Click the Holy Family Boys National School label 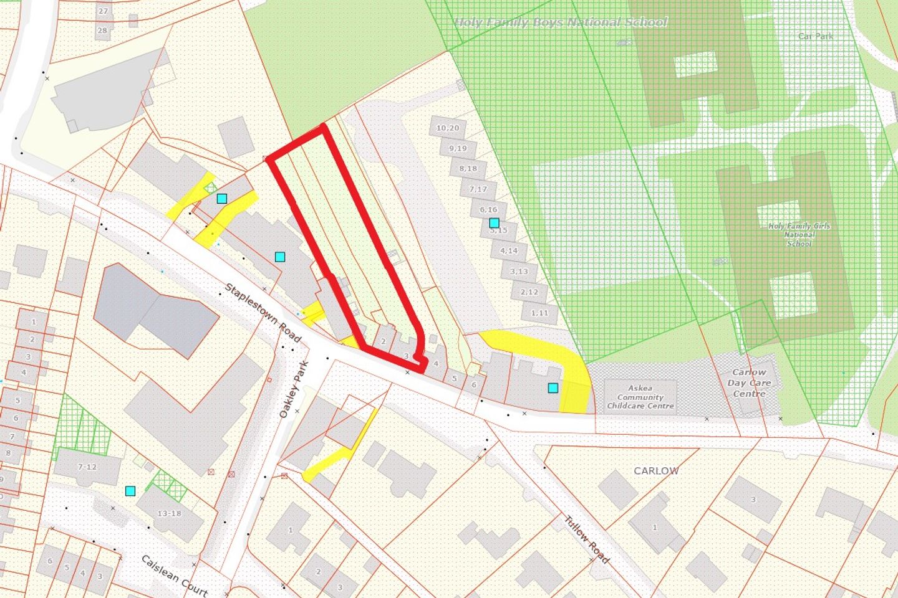coord(560,23)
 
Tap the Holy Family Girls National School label coord(799,235)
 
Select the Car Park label coord(815,36)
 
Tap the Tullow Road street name coord(586,539)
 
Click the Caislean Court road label coord(174,575)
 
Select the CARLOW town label coord(656,471)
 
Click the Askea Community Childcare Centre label coord(640,397)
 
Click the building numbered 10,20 coord(448,128)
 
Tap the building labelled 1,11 coord(539,313)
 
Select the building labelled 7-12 coord(87,467)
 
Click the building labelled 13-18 coord(169,513)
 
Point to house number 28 coord(102,30)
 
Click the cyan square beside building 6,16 coord(494,222)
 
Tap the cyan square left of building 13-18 coord(130,491)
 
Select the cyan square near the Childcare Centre coord(553,388)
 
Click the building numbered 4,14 coord(509,250)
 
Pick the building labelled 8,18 coord(468,169)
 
